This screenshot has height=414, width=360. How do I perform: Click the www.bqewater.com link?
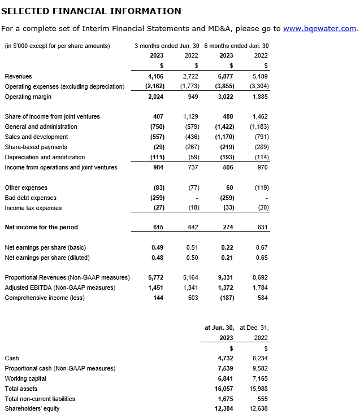(319, 28)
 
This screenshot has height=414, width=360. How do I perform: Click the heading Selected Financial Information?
(92, 11)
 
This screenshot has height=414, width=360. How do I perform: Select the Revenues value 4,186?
(155, 76)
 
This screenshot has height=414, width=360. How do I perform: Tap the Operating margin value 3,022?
(225, 97)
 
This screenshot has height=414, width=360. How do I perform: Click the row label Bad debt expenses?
(31, 198)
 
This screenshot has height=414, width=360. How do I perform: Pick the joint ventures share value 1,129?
(190, 116)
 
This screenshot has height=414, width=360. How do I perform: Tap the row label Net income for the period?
(41, 227)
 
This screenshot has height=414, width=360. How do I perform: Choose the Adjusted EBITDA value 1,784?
(261, 288)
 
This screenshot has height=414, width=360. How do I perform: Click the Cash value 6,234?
(261, 358)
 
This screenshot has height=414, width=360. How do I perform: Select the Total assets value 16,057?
(224, 389)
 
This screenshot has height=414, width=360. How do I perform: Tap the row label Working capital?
(25, 378)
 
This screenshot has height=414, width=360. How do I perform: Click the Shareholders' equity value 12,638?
(259, 408)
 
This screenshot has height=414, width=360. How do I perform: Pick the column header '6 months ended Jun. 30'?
(236, 46)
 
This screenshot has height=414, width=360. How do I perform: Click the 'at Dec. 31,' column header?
(254, 328)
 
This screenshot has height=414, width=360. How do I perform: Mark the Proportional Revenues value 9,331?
(225, 278)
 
